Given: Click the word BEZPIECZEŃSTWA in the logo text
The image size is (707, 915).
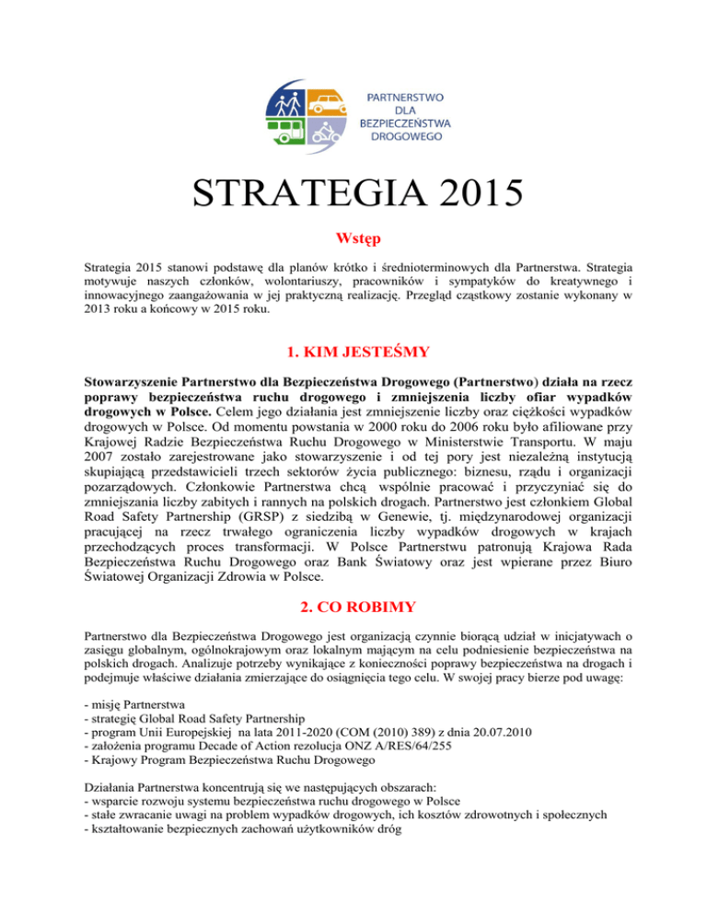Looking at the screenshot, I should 405,120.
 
